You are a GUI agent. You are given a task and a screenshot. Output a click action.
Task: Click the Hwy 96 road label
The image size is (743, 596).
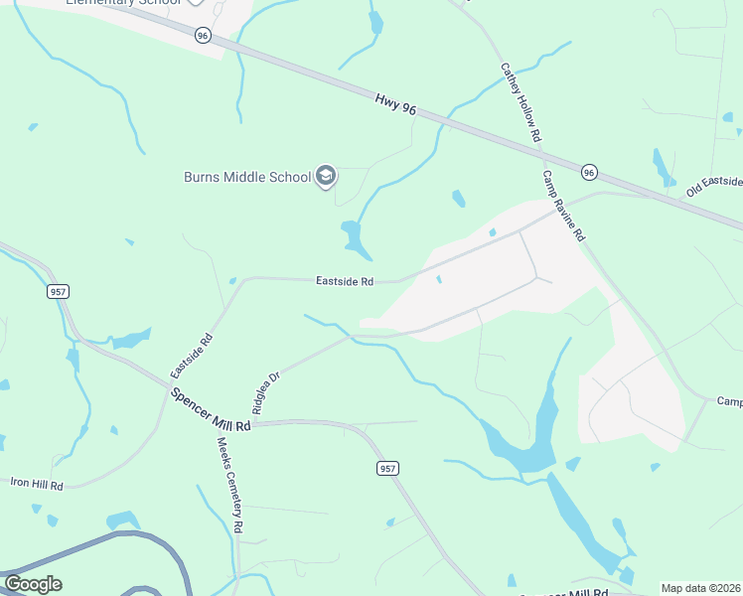[395, 104]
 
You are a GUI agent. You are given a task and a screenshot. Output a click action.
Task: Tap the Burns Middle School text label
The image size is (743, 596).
[247, 178]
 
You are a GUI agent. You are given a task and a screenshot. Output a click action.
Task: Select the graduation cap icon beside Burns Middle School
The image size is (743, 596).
[325, 177]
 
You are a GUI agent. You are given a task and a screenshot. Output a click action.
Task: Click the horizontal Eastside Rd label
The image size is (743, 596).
[345, 282]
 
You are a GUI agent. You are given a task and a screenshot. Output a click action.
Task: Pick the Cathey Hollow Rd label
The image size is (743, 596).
[520, 101]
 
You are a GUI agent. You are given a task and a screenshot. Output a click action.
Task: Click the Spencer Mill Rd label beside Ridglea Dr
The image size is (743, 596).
[212, 407]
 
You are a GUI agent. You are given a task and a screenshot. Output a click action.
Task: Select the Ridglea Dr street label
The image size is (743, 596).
[267, 392]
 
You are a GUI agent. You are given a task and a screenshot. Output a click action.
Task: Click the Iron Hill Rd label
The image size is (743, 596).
[37, 485]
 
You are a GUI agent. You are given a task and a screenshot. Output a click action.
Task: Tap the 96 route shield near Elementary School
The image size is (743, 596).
[203, 35]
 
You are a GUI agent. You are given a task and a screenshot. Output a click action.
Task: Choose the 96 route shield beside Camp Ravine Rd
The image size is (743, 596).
[589, 173]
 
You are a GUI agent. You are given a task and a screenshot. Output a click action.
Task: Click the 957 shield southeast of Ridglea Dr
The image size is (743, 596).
[388, 467]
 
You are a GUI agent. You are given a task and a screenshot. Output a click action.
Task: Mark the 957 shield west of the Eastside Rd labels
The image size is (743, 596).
[58, 292]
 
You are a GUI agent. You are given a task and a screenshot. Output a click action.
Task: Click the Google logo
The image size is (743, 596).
[33, 584]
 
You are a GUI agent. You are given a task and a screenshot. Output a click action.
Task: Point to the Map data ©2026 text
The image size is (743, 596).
[700, 588]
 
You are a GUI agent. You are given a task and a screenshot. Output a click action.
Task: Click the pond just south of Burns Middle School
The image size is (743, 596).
[353, 235]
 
